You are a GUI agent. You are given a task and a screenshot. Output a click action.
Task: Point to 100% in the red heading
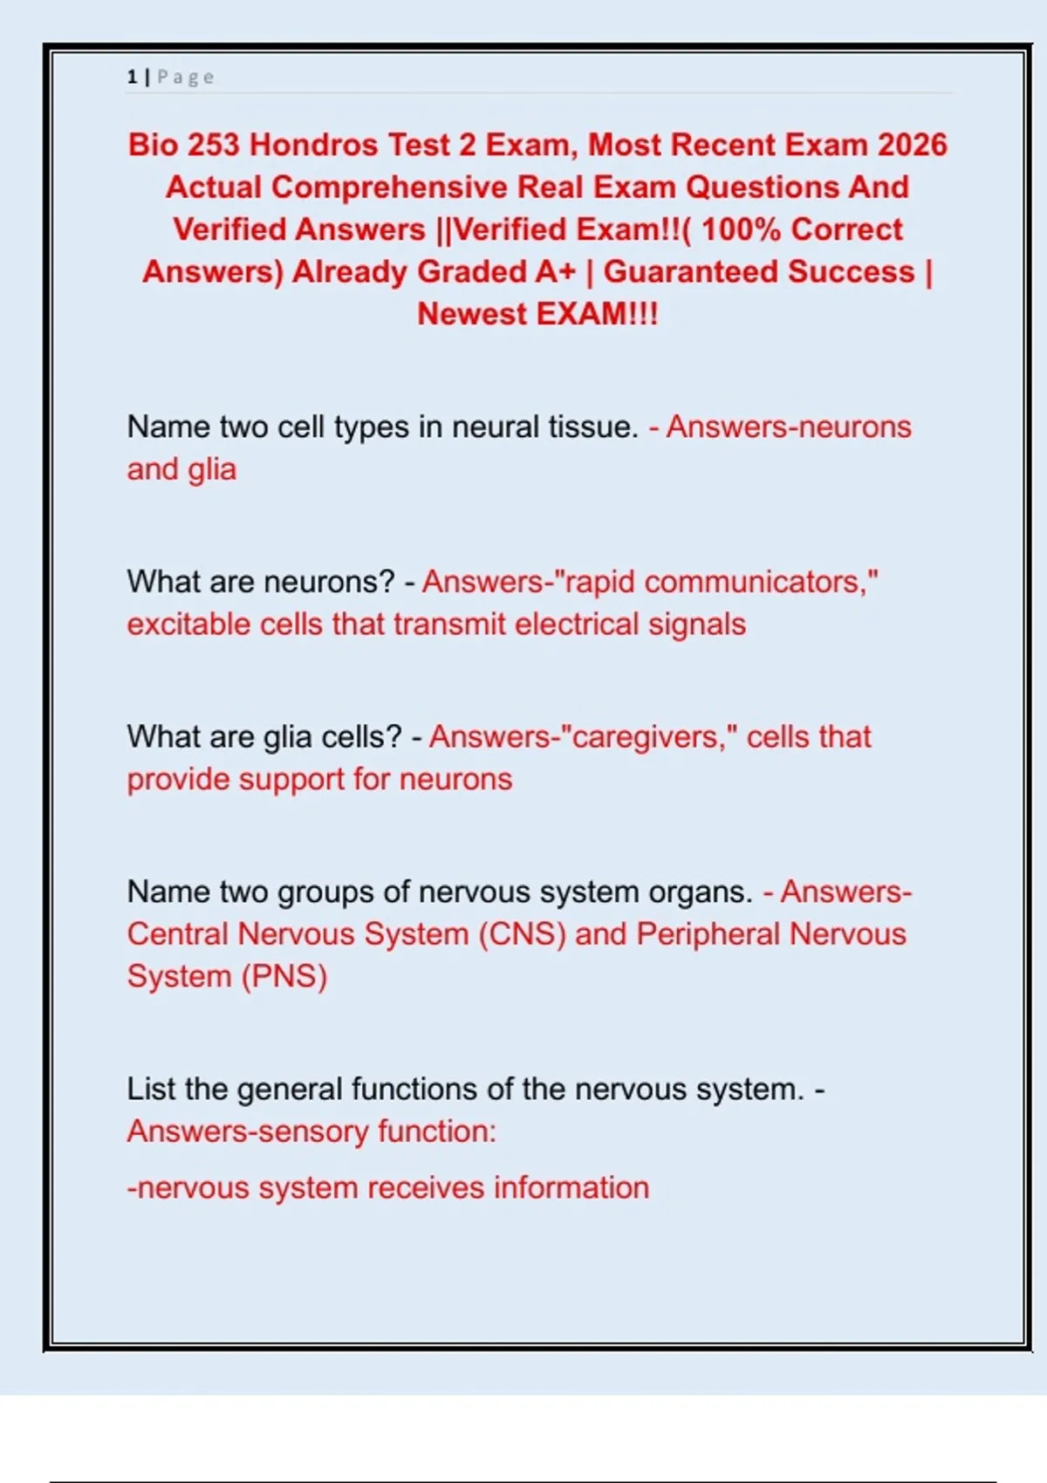pyautogui.click(x=741, y=229)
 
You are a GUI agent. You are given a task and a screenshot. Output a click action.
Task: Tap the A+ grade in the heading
pyautogui.click(x=556, y=272)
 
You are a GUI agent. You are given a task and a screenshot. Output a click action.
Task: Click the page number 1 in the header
pyautogui.click(x=132, y=78)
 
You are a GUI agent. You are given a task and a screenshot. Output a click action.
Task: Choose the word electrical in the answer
pyautogui.click(x=577, y=625)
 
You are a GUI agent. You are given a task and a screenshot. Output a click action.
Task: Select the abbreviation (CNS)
pyautogui.click(x=522, y=934)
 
